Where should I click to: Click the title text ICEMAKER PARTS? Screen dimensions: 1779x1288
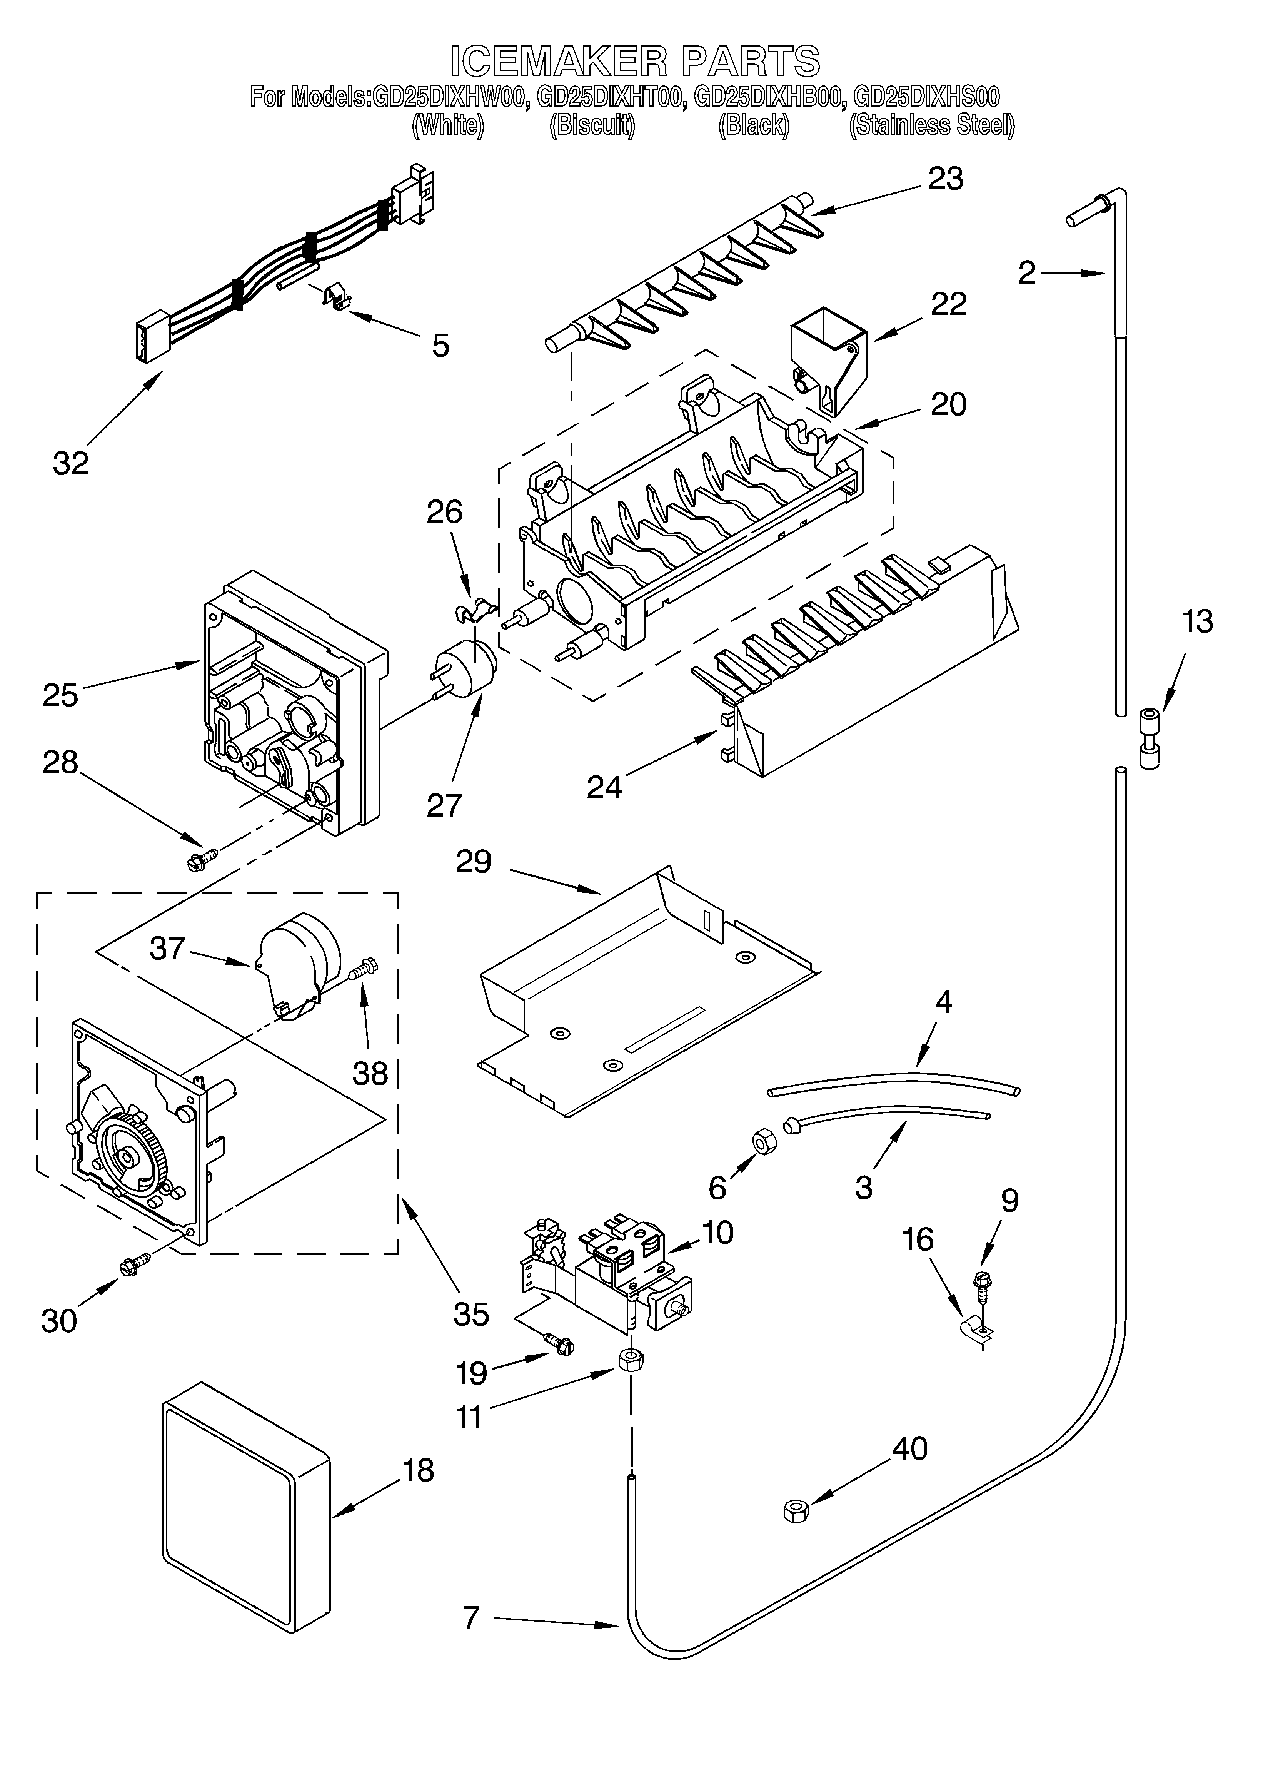[636, 61]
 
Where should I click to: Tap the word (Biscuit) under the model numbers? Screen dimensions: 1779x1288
[591, 125]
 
